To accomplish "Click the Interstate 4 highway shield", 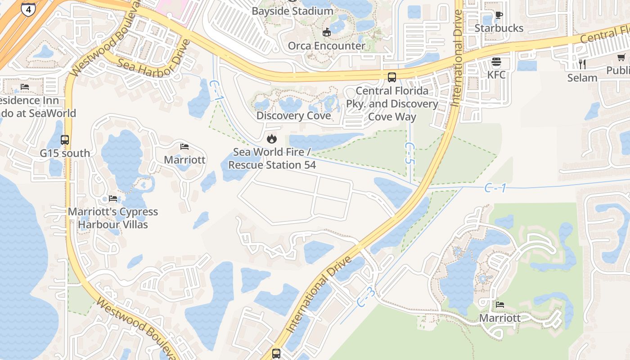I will pos(28,9).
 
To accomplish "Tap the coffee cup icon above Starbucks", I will pos(499,15).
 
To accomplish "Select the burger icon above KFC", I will pos(496,62).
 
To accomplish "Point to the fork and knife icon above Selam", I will pos(582,64).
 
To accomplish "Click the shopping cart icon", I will pos(621,58).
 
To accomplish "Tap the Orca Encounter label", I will pos(327,46).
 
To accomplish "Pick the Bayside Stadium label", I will pos(292,11).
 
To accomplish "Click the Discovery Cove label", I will pos(293,116).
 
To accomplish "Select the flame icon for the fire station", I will pos(271,139).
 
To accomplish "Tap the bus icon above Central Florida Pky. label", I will pos(392,77).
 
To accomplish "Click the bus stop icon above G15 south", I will pos(65,140).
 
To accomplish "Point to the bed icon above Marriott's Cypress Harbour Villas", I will pos(112,198).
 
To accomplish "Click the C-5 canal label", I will pos(409,153).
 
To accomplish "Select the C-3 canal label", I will pos(366,298).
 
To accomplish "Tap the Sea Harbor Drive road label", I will pos(153,61).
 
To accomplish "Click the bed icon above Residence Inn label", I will pos(25,87).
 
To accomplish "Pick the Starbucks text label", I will pos(499,28).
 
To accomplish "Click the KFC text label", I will pos(496,75).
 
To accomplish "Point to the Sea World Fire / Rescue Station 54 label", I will pos(272,158).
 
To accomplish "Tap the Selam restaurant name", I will pos(582,78).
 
